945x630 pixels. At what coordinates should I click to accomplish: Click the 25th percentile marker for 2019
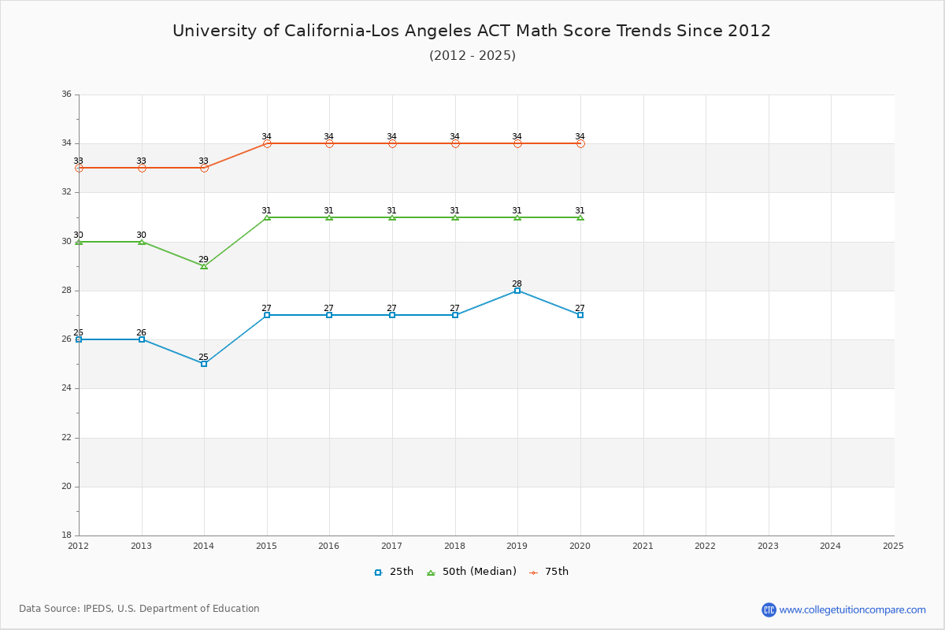[517, 291]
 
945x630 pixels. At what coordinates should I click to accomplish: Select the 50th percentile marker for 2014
[204, 266]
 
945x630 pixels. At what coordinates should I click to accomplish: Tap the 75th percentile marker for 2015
[267, 143]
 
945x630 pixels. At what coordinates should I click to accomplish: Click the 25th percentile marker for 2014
[204, 364]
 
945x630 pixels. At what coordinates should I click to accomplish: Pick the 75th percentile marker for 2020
[580, 143]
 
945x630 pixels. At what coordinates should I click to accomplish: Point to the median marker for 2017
[392, 217]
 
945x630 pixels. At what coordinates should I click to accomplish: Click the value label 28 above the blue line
[517, 283]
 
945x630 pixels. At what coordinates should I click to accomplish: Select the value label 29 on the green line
[203, 259]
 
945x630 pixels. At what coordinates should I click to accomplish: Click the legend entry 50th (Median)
[471, 572]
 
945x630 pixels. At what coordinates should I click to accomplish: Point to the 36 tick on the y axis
[66, 94]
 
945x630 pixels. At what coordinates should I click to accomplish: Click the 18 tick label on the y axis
[66, 535]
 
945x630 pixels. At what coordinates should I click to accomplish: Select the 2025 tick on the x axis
[893, 545]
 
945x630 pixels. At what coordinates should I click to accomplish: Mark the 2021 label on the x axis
[643, 545]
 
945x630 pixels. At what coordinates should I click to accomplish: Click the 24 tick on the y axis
[66, 388]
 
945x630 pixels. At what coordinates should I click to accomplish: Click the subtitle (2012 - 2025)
[472, 55]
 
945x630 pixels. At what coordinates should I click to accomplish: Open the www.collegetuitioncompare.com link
[852, 610]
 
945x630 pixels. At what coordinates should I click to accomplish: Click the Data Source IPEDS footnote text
[139, 609]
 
